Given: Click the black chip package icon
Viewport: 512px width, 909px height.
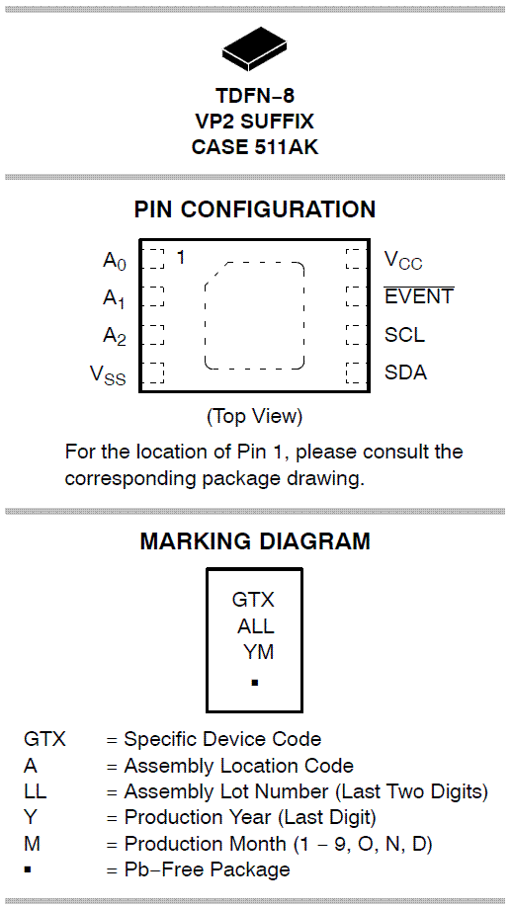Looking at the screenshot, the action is click(255, 48).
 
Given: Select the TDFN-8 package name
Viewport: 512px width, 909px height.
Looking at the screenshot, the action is click(255, 95).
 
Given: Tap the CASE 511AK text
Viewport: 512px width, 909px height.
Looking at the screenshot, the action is click(255, 146).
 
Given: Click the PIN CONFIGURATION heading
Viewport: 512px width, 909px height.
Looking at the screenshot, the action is click(255, 209).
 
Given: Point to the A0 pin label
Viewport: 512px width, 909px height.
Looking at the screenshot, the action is click(115, 262).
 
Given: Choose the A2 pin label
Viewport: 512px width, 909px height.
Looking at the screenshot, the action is click(115, 337).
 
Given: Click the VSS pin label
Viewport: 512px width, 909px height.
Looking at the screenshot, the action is click(108, 374).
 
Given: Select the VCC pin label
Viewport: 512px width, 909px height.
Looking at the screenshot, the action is click(403, 260).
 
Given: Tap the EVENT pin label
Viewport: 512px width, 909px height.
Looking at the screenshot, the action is click(419, 295).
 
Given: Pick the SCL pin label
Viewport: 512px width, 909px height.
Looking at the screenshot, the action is click(404, 335).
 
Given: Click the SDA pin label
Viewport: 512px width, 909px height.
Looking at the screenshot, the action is click(406, 372).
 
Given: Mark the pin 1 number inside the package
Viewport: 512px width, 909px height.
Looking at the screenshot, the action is click(181, 257).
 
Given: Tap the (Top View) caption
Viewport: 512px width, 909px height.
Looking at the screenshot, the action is click(255, 416).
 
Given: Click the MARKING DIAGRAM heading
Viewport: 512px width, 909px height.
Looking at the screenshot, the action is click(255, 541).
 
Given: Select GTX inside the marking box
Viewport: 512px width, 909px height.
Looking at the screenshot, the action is click(253, 600).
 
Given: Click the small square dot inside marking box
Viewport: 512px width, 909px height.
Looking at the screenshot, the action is click(255, 683).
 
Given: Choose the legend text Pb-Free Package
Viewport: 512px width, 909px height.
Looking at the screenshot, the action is click(208, 869).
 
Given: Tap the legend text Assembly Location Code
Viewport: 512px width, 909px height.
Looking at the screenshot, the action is click(239, 766).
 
